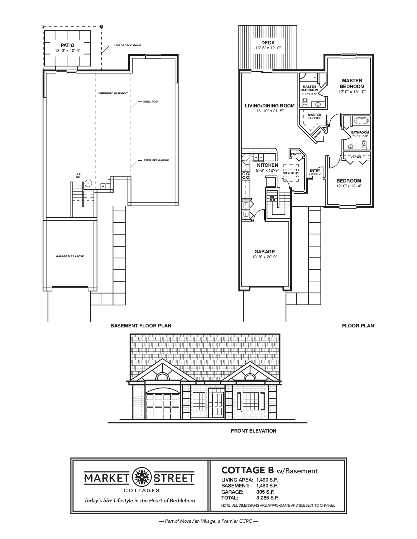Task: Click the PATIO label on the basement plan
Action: [x=67, y=45]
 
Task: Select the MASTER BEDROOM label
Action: [x=352, y=83]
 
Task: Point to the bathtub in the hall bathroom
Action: [x=360, y=121]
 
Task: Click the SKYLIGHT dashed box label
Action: [x=291, y=173]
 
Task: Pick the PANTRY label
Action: [x=296, y=154]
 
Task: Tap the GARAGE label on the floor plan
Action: [x=265, y=251]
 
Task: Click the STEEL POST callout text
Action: [x=150, y=102]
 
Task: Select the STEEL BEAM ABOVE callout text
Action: [x=156, y=160]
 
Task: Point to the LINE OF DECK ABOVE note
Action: [x=128, y=45]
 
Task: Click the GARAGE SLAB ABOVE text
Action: [x=70, y=256]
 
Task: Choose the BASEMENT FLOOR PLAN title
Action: [x=141, y=325]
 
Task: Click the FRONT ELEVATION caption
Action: [x=253, y=431]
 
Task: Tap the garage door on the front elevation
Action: [x=163, y=405]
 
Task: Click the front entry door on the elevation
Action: [x=217, y=405]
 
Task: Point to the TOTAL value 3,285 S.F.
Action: [x=267, y=498]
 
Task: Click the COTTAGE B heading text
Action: [x=248, y=470]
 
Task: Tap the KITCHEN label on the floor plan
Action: [x=267, y=165]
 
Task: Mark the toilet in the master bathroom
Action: [x=305, y=102]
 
